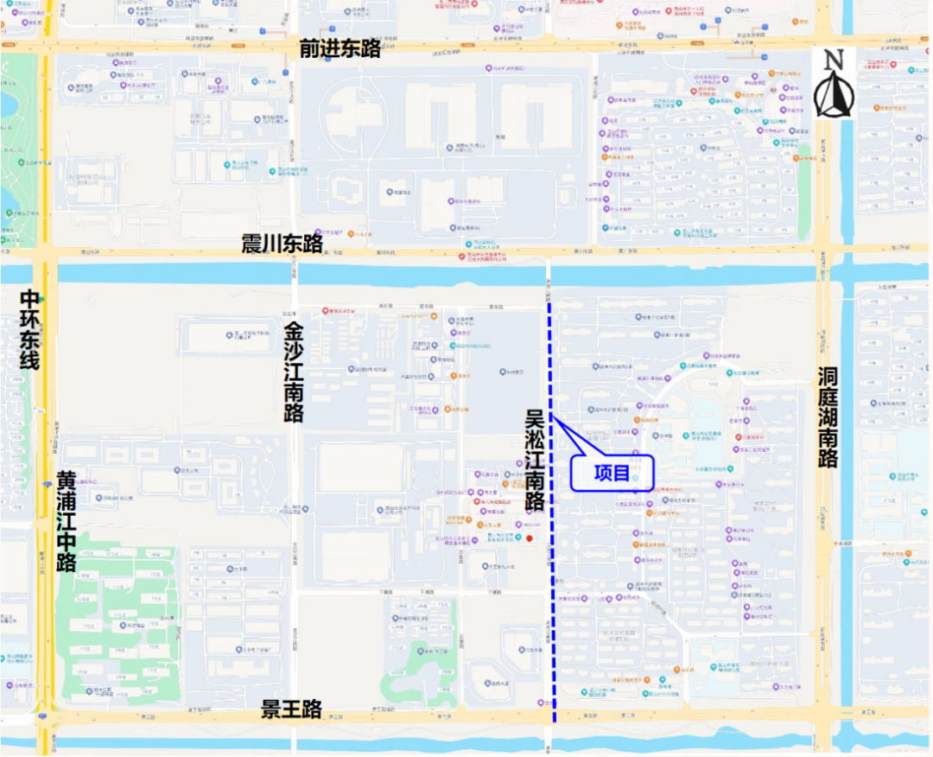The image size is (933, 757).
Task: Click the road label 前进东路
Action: click(x=340, y=48)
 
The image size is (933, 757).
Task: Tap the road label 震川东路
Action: click(x=282, y=244)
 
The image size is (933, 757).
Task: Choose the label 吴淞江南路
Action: click(x=535, y=459)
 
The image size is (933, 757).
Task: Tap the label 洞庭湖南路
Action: click(x=828, y=417)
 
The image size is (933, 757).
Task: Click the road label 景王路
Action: click(x=292, y=709)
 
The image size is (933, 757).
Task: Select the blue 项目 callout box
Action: click(x=612, y=473)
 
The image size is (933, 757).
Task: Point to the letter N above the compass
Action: click(x=833, y=60)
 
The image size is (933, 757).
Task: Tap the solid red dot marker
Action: click(x=530, y=539)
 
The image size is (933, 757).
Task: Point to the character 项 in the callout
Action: click(x=602, y=473)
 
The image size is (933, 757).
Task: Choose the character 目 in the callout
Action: click(x=622, y=473)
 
